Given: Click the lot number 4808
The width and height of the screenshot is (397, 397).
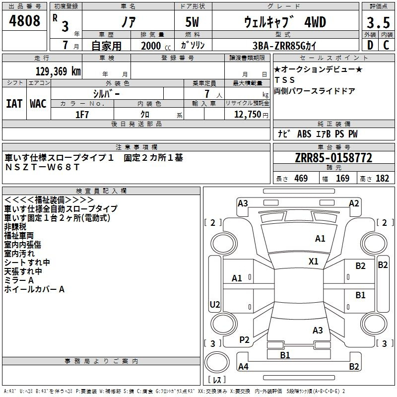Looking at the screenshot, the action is point(24,20).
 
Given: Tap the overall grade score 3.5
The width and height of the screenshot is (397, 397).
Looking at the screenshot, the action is point(378,22).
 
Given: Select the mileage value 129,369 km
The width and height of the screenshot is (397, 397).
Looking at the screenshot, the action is point(58,71).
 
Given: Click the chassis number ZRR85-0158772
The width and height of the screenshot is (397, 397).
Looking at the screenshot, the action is point(333,158).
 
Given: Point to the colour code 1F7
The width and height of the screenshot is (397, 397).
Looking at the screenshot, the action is point(82,115).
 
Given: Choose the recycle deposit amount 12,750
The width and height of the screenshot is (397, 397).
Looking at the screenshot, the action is point(248,115).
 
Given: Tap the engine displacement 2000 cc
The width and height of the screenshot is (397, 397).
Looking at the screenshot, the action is point(156,46).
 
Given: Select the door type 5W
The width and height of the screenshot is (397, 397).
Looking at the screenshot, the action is point(192,22).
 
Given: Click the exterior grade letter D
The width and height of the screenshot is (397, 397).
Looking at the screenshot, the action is point(370,45).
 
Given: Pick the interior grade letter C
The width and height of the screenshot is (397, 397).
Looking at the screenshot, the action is point(386,45).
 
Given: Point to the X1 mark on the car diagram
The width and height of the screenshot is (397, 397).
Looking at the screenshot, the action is point(314,262).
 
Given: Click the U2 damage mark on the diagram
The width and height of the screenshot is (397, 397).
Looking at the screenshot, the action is point(215,304).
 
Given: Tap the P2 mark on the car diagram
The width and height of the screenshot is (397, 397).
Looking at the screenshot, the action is point(244,340).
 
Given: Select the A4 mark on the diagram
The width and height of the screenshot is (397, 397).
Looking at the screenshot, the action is point(243,366).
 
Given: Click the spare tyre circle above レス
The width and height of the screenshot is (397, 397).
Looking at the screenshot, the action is point(217,362).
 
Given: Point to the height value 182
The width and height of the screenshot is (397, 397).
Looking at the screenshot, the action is point(382,179).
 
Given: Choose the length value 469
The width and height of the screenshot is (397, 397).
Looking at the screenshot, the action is point(301,179).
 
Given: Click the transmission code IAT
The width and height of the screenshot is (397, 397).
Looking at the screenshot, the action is point(14,104).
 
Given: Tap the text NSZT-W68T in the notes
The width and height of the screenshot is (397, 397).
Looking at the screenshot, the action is point(42,167).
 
